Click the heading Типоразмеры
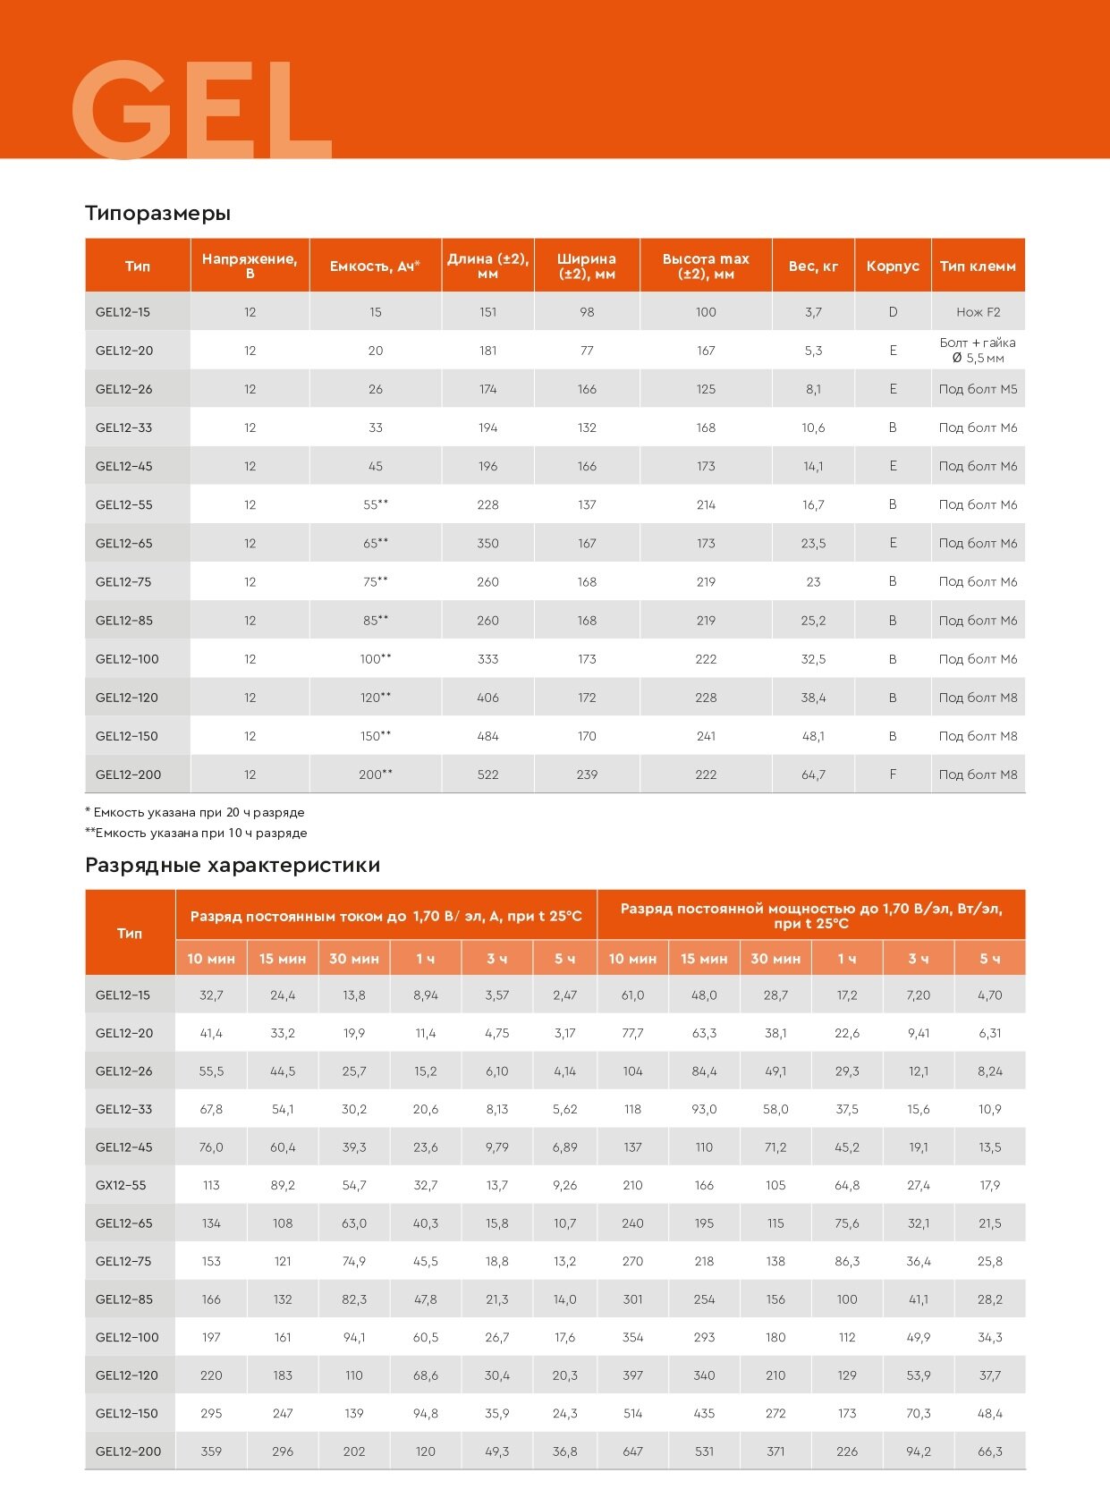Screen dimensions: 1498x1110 pyautogui.click(x=157, y=213)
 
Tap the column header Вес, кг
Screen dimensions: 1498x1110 pyautogui.click(x=813, y=266)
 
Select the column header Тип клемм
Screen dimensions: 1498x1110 pyautogui.click(x=978, y=266)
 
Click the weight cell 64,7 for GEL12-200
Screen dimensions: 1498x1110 pyautogui.click(x=813, y=774)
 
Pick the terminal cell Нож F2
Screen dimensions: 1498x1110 pyautogui.click(x=978, y=312)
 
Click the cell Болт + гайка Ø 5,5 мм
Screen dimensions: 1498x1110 pyautogui.click(x=978, y=351)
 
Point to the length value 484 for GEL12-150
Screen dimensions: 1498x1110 pyautogui.click(x=487, y=736)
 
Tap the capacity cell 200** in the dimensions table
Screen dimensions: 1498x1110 pyautogui.click(x=376, y=774)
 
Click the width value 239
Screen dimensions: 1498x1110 pyautogui.click(x=587, y=774)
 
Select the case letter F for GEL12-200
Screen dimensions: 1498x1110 pyautogui.click(x=893, y=774)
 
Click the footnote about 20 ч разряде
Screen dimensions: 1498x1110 pyautogui.click(x=195, y=813)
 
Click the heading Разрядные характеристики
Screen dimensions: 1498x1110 pyautogui.click(x=233, y=865)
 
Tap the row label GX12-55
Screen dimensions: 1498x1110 pyautogui.click(x=121, y=1185)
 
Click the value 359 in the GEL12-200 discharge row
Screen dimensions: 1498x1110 pyautogui.click(x=211, y=1451)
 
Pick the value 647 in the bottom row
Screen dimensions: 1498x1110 pyautogui.click(x=632, y=1451)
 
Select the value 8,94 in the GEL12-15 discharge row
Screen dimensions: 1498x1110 pyautogui.click(x=426, y=994)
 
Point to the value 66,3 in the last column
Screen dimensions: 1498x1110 pyautogui.click(x=989, y=1451)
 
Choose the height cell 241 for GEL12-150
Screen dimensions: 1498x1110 pyautogui.click(x=706, y=736)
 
